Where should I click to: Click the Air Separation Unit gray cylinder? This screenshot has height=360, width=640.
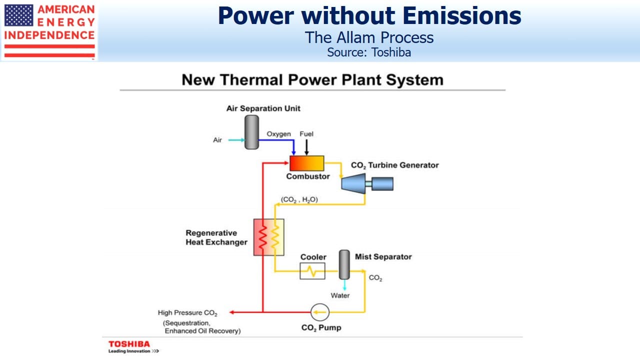click(251, 132)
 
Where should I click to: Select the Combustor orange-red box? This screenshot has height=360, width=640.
click(307, 163)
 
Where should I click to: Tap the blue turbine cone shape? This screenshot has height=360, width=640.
click(353, 183)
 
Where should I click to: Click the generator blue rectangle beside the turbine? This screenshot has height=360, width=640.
click(382, 183)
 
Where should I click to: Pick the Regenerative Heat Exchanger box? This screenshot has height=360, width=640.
click(269, 237)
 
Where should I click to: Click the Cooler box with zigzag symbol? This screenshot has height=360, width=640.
click(312, 271)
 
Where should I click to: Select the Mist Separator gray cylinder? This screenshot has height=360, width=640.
click(344, 264)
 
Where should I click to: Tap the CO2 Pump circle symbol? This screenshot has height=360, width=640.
click(320, 312)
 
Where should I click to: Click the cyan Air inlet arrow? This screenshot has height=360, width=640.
click(236, 140)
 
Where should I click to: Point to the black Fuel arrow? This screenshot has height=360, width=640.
click(306, 147)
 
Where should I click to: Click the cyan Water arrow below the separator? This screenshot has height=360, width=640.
click(344, 285)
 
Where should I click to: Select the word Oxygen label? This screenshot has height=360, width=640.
click(278, 134)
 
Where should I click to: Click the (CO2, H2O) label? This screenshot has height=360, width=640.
click(299, 199)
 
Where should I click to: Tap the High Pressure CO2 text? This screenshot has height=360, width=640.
click(187, 313)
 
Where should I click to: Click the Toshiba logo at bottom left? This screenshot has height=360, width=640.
click(133, 347)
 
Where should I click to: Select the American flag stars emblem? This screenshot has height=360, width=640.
click(19, 15)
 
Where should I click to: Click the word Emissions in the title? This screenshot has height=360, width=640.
click(462, 15)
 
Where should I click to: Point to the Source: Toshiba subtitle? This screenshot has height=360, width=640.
click(369, 52)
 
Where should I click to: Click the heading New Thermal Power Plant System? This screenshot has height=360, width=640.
click(312, 79)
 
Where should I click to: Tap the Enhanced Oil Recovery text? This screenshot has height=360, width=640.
click(202, 331)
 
